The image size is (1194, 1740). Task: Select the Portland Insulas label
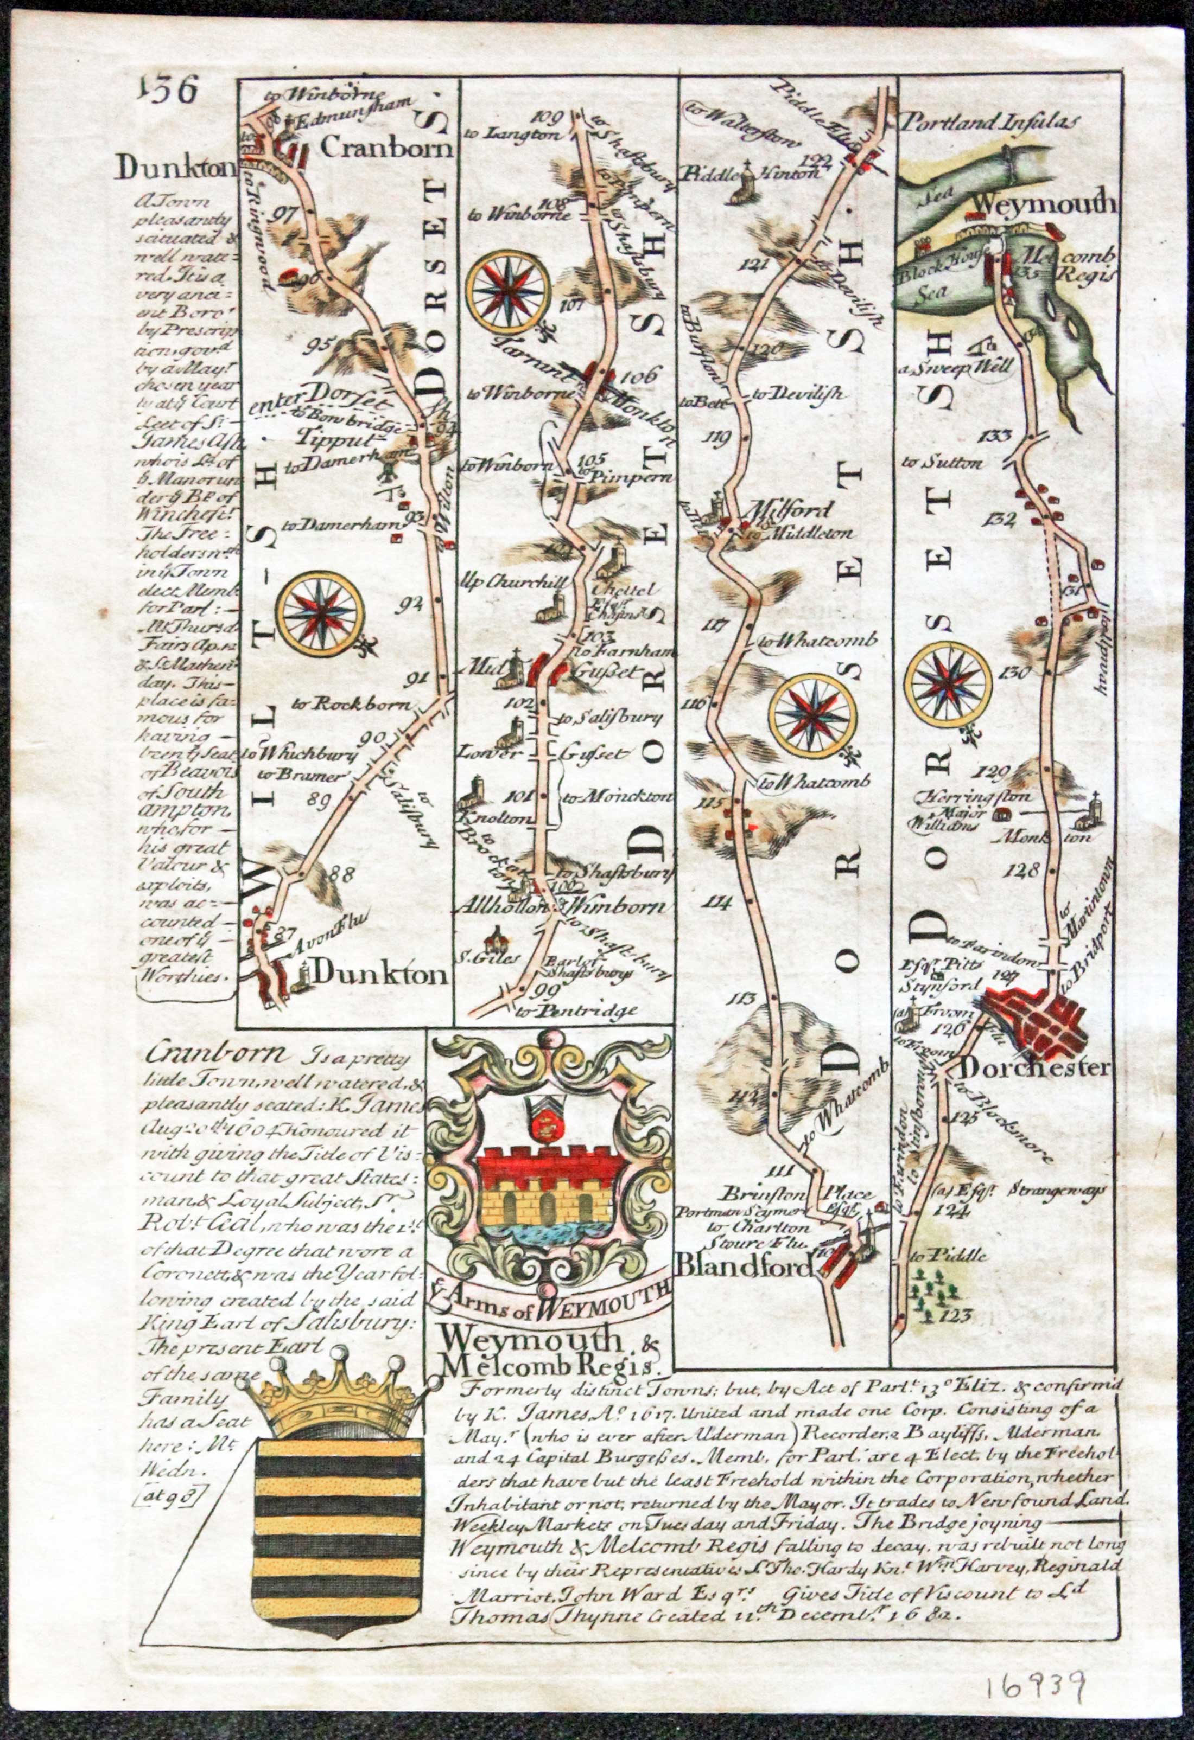pyautogui.click(x=993, y=120)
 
